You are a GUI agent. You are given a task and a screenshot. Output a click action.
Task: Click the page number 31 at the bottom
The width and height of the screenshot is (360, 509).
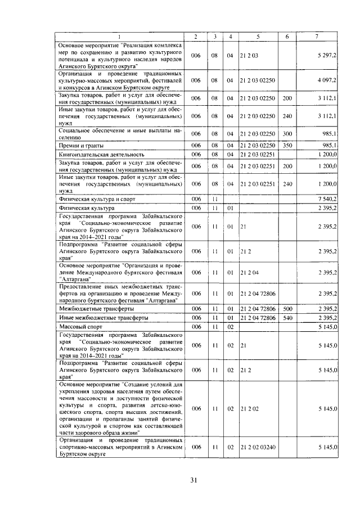pyautogui.click(x=193, y=480)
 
